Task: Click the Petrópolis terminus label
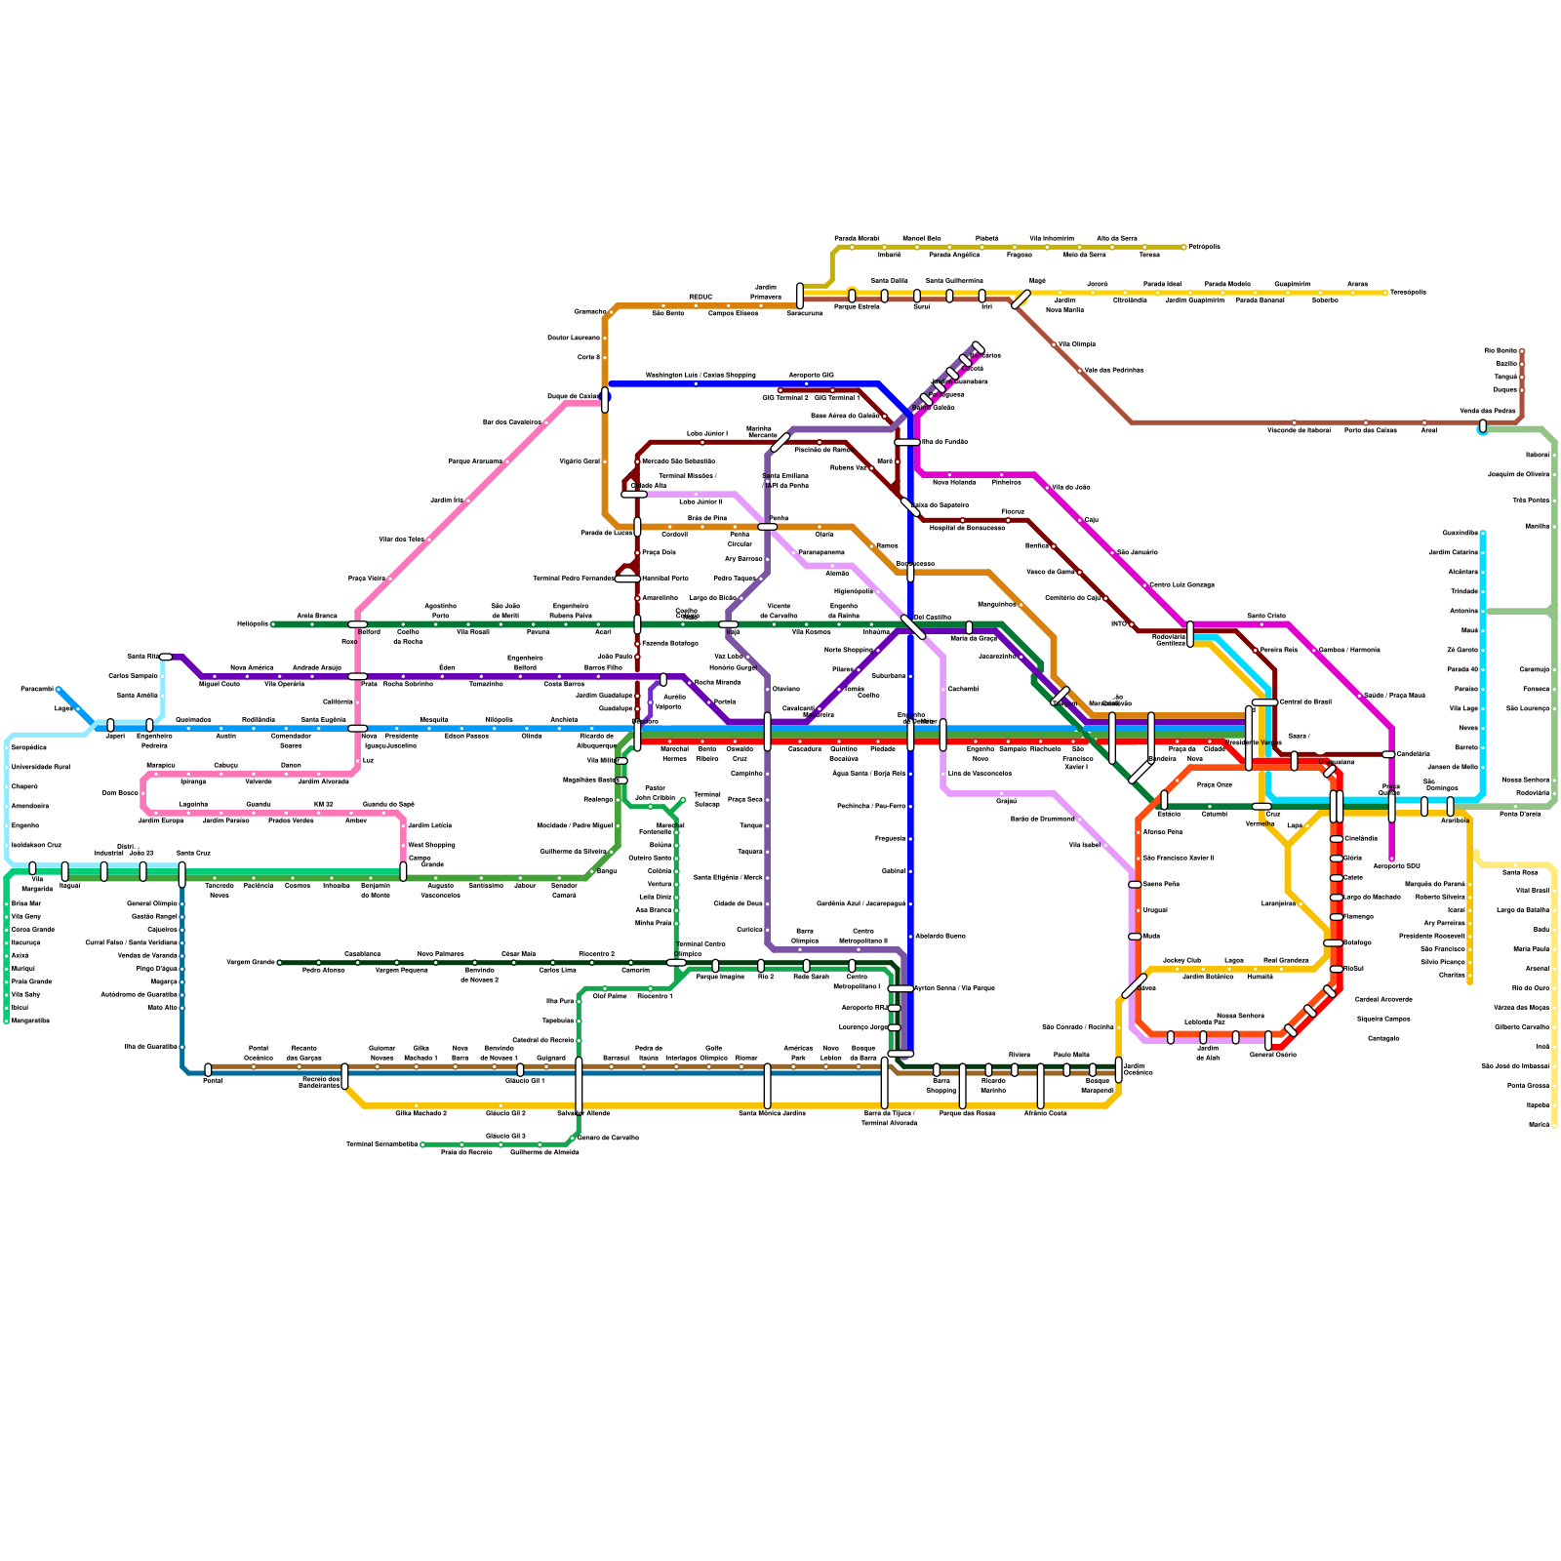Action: (1204, 247)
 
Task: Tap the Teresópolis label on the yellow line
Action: (1408, 292)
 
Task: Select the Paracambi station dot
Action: (59, 689)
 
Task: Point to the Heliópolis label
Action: (252, 623)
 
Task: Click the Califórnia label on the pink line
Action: (338, 701)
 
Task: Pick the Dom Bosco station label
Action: (120, 793)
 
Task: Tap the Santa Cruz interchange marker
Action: (182, 873)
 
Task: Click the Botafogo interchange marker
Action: (1334, 942)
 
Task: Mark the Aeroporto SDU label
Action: (1396, 865)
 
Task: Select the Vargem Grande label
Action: (251, 962)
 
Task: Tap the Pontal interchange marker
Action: (208, 1069)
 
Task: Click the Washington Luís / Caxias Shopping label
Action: (700, 375)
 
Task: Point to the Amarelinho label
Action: (660, 597)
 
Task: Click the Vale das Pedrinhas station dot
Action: (1080, 371)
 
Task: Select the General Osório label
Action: (1273, 1055)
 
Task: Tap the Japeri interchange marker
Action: (110, 725)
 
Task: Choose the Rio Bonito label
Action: (1501, 350)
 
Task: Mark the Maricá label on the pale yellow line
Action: (1539, 1124)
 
